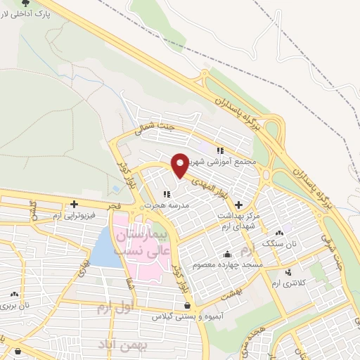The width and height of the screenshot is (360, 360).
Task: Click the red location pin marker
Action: point(181,165)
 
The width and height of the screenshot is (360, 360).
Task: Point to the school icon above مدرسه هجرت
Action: point(167,194)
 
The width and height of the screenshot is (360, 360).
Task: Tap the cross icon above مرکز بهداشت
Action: point(240,205)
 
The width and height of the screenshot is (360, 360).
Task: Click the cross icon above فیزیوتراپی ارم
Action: point(74,204)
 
